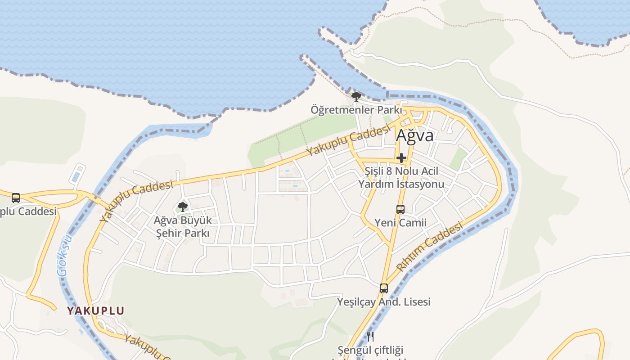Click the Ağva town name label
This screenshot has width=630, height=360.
point(415,135)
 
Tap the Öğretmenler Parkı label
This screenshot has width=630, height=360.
point(356,110)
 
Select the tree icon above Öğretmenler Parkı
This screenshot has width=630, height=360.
point(356,96)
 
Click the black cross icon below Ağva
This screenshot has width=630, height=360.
point(401,158)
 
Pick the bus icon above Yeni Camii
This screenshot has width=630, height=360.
point(400,209)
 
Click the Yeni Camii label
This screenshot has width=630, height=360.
point(400,223)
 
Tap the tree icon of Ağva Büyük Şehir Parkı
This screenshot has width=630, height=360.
point(182,207)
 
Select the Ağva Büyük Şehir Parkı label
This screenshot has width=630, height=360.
point(182,227)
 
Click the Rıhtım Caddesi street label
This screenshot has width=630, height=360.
point(429,247)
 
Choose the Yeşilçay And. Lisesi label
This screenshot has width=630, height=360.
point(383,301)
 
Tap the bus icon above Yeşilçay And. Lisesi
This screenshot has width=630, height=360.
point(383,288)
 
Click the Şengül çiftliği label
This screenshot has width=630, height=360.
point(370,350)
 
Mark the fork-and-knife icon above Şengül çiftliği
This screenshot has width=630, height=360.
point(370,336)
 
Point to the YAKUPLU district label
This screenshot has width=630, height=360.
point(95,310)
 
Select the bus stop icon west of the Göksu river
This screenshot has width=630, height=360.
point(16,198)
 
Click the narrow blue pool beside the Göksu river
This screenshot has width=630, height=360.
point(78,173)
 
